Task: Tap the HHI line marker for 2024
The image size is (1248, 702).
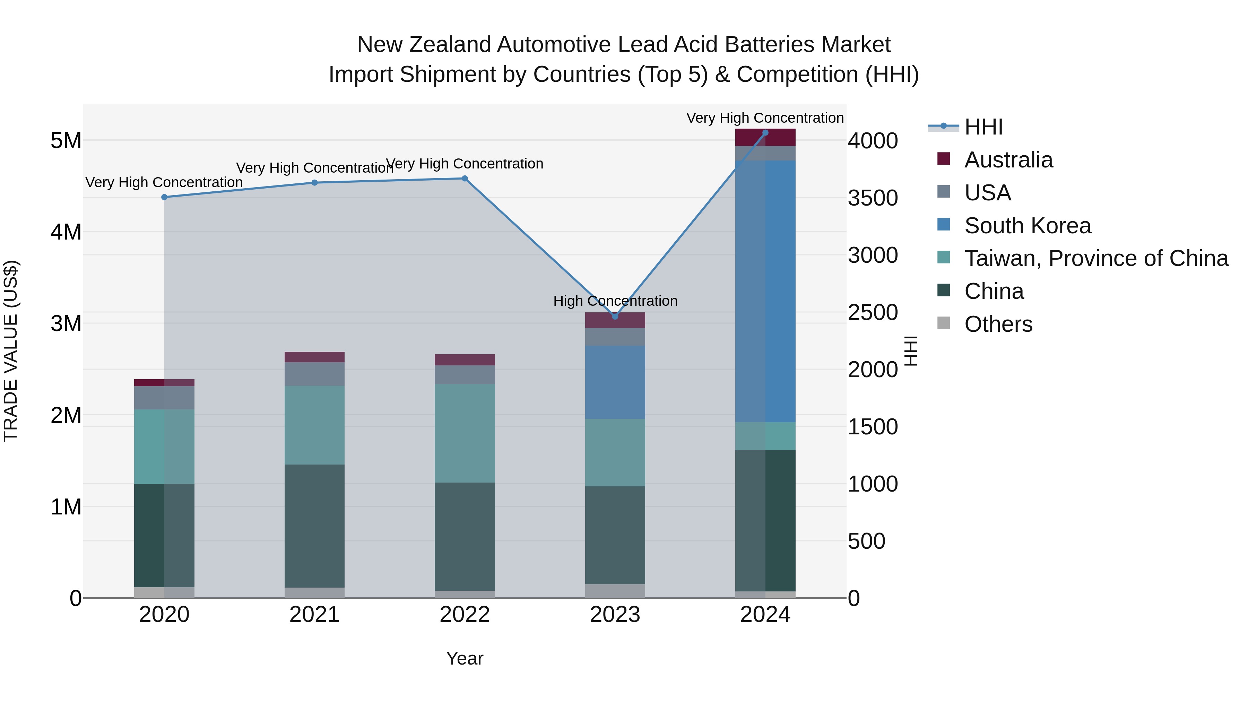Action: pos(765,133)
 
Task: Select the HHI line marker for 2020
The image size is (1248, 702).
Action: pos(164,197)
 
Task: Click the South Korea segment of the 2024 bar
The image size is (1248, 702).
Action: pos(765,291)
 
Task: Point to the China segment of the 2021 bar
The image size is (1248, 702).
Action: pos(314,526)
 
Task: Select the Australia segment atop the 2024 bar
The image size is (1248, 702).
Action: pos(765,138)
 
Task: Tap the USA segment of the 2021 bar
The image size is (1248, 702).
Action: pos(314,374)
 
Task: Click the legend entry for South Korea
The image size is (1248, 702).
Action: pos(1027,226)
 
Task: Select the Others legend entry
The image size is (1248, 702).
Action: pos(998,324)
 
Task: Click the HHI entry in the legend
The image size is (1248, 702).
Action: pos(983,127)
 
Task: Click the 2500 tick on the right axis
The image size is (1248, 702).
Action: pos(873,312)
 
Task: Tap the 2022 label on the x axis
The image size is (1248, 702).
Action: pos(465,615)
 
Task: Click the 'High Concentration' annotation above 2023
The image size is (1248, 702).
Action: pos(615,301)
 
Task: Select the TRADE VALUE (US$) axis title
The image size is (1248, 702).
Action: pos(11,351)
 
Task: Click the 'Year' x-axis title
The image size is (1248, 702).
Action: pos(465,658)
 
